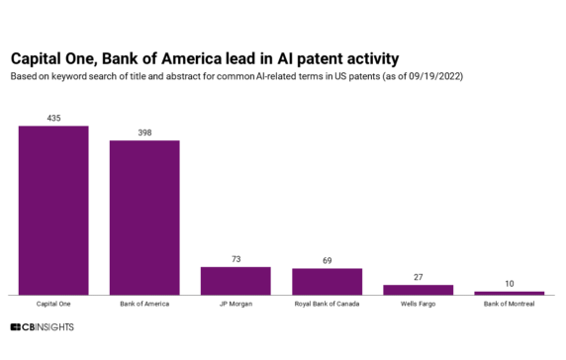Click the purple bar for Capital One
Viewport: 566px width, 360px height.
(x=53, y=210)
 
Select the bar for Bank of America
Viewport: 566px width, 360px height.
(x=144, y=218)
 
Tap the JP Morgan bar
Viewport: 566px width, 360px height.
(x=236, y=280)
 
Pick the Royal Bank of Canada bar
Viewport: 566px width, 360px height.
(x=327, y=281)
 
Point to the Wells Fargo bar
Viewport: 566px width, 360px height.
(x=418, y=289)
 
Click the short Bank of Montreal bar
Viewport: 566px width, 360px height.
(x=509, y=293)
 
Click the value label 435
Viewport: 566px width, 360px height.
(x=53, y=119)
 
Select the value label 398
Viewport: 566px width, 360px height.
(x=144, y=133)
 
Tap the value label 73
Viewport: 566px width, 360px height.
(x=236, y=259)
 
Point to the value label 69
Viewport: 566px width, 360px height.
(x=327, y=260)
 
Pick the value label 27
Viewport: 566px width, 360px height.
(x=418, y=277)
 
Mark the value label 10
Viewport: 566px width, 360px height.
(x=509, y=284)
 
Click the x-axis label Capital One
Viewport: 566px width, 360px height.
(x=53, y=304)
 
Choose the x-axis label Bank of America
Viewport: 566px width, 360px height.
(x=144, y=304)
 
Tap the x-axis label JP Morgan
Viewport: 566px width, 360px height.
(x=236, y=304)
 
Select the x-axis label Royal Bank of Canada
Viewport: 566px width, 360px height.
(x=327, y=304)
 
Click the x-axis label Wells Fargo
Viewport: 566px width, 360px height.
(x=418, y=304)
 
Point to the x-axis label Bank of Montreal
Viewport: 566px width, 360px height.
(x=509, y=304)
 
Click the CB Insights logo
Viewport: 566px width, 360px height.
(x=42, y=326)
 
